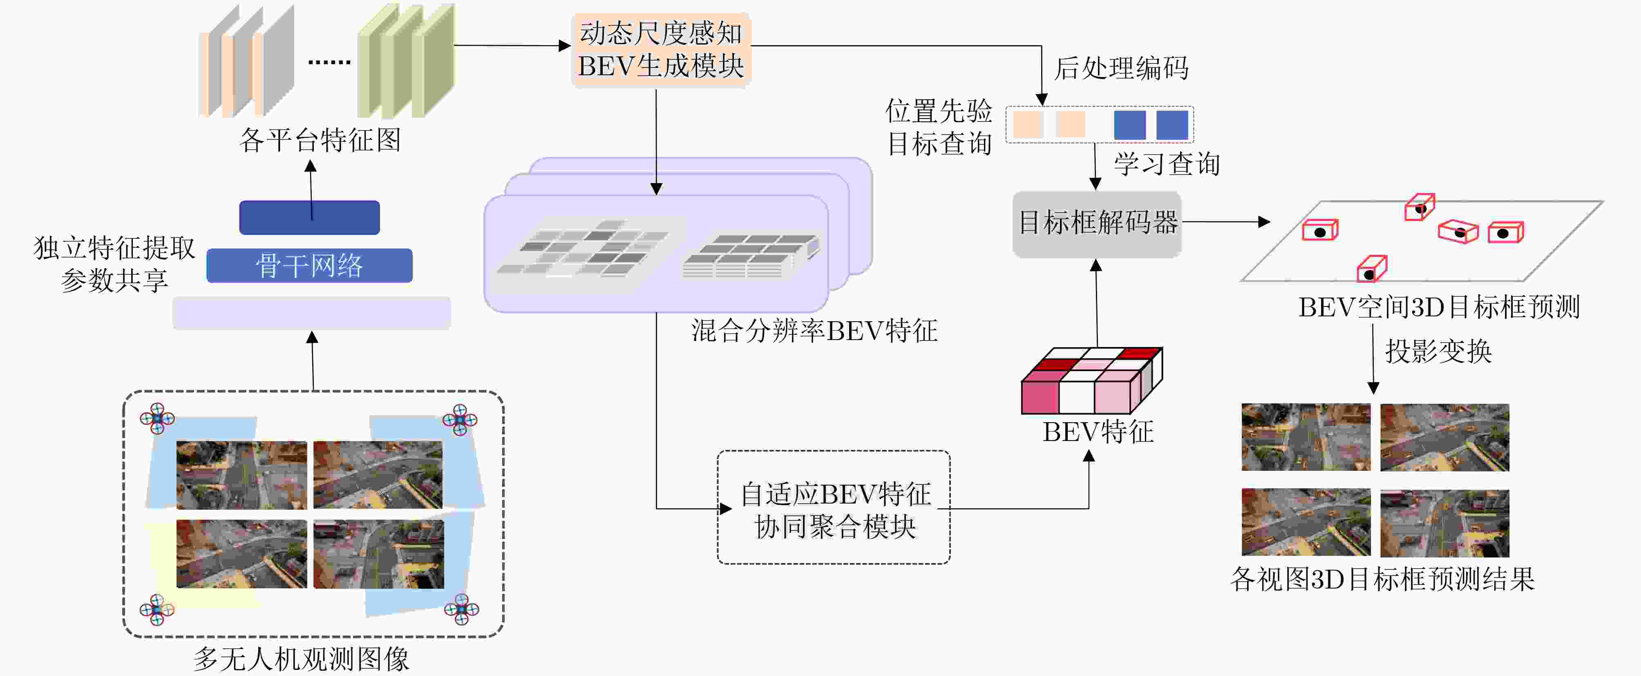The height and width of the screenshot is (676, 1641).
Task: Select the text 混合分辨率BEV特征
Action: coord(814,331)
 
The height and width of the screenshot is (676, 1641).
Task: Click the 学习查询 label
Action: coord(1167,164)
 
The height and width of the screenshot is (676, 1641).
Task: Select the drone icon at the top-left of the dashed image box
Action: coord(157,419)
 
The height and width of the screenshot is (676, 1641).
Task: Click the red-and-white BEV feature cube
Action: coord(1091,381)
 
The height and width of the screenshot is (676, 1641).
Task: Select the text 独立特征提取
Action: coord(115,248)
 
